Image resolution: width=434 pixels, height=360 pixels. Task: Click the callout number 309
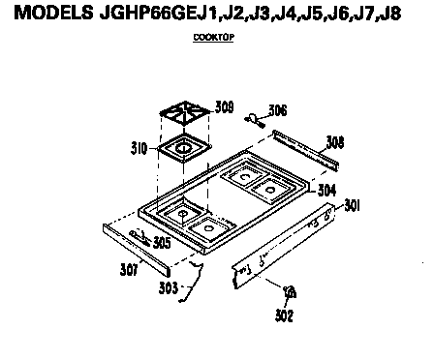pyautogui.click(x=225, y=107)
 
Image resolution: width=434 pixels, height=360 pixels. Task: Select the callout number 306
pyautogui.click(x=278, y=109)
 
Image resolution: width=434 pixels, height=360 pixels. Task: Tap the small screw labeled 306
pyautogui.click(x=254, y=119)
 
